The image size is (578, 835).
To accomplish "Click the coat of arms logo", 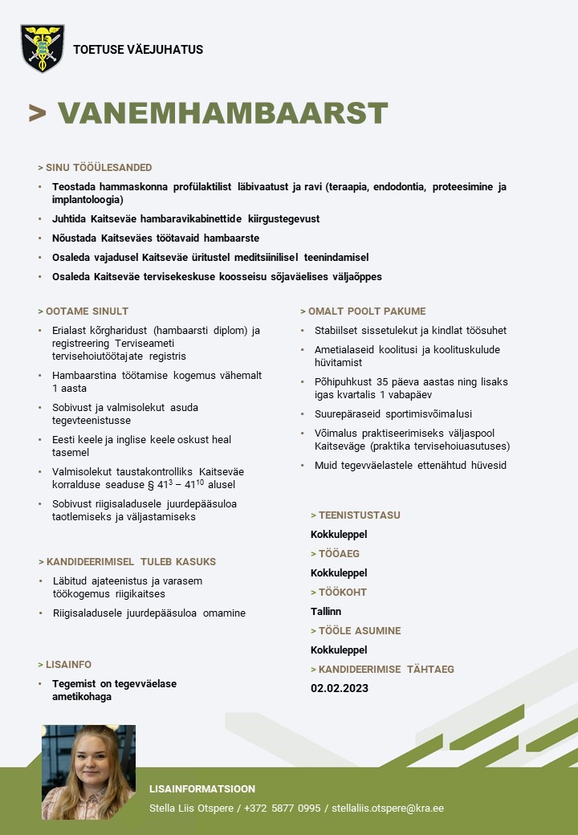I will pos(42,48).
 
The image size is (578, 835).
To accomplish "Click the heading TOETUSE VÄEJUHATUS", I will pos(138,50).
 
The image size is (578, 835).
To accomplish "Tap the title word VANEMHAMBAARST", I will pos(222,114).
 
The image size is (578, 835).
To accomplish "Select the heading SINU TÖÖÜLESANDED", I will pos(98,168).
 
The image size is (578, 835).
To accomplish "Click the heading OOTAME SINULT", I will pos(87,311).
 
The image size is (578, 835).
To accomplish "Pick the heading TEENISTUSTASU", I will pos(359,515).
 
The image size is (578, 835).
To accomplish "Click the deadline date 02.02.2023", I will pos(340,688).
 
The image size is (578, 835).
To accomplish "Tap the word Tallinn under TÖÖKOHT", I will pos(326,611).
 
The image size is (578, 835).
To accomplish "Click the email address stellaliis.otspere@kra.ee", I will pos(388,808).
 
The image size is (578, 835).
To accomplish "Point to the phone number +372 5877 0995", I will pos(282,808).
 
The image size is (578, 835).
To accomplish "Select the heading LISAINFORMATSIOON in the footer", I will pos(202,788).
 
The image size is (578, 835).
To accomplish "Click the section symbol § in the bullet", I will pos(151,485).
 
